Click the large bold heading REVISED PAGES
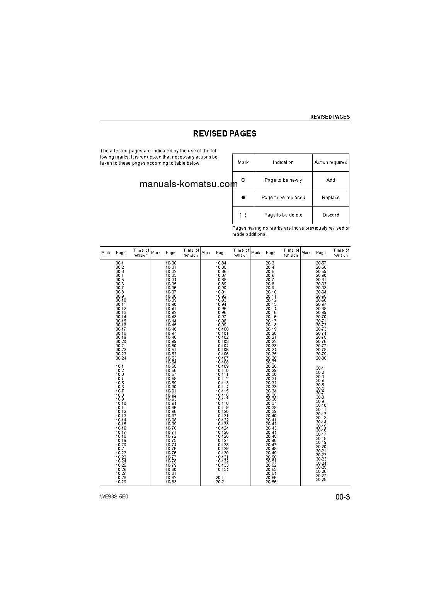tap(225, 134)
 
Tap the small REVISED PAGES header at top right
tap(330, 117)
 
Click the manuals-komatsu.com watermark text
tap(188, 184)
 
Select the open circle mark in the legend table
tap(243, 180)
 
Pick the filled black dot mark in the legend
tap(243, 197)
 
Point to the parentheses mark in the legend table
tap(243, 215)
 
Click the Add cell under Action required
tap(330, 180)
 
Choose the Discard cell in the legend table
tap(330, 215)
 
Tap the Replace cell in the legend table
tap(330, 198)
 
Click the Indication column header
tap(283, 162)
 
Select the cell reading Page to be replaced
tap(283, 198)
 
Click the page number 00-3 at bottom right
tap(342, 497)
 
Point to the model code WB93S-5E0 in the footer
tap(114, 497)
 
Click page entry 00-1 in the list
tap(120, 263)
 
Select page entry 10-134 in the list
tap(222, 469)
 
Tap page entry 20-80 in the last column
tap(321, 358)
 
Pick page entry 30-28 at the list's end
tap(321, 479)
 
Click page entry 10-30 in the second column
tap(171, 263)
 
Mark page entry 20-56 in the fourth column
tap(271, 482)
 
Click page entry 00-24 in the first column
tap(121, 358)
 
